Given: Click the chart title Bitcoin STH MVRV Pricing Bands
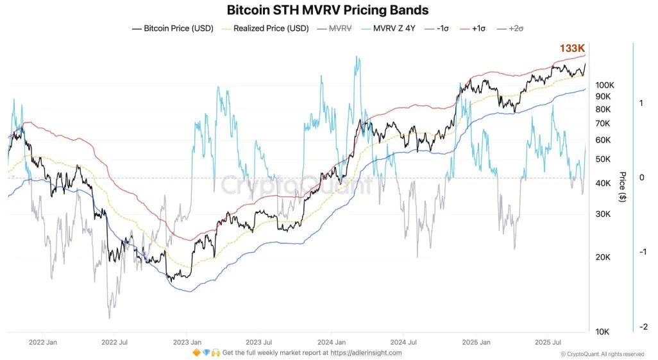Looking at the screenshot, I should [x=328, y=10].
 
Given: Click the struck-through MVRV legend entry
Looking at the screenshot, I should [x=337, y=28].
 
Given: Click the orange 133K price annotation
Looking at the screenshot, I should [x=573, y=48].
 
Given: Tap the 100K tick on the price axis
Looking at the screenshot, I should [x=605, y=85].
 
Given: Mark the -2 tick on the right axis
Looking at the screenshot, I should [x=642, y=327].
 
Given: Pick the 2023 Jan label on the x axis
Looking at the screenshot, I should [x=187, y=342].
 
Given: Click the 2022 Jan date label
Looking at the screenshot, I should [x=42, y=342].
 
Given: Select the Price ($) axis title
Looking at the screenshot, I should [x=622, y=187].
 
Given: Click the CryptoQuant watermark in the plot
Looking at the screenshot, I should [x=297, y=186].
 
